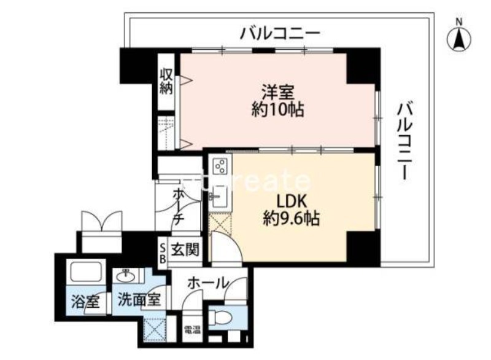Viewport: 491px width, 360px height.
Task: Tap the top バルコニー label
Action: (x=280, y=31)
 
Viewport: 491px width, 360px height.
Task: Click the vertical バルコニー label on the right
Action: (x=404, y=141)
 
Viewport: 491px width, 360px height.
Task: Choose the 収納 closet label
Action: (x=166, y=80)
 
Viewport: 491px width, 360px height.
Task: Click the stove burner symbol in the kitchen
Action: (x=220, y=166)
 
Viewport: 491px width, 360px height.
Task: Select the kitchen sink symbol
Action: (x=218, y=197)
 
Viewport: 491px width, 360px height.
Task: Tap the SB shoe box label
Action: (x=162, y=252)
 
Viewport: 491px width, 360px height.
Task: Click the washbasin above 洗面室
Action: (x=125, y=275)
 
